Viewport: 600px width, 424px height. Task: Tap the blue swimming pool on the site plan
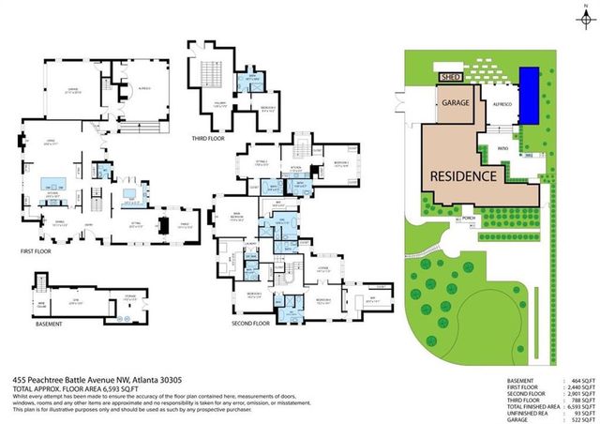point(531,95)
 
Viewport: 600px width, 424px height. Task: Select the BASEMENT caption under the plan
point(48,325)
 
